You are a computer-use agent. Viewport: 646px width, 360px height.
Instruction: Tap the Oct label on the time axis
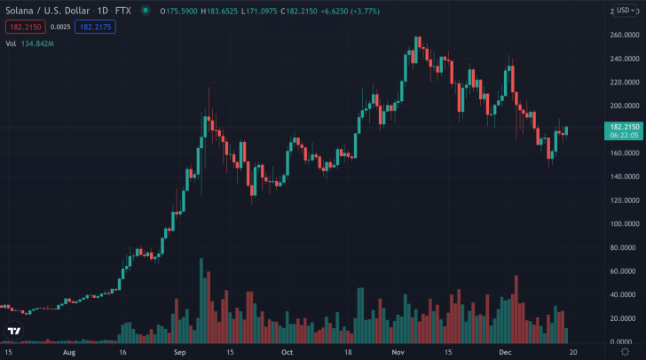(286, 352)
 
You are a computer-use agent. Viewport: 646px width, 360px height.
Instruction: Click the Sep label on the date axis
(178, 352)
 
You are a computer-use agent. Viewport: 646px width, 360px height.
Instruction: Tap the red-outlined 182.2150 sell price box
(24, 27)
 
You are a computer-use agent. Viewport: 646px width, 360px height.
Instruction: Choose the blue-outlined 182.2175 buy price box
(95, 27)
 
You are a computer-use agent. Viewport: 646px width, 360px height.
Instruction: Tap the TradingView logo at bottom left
(13, 333)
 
